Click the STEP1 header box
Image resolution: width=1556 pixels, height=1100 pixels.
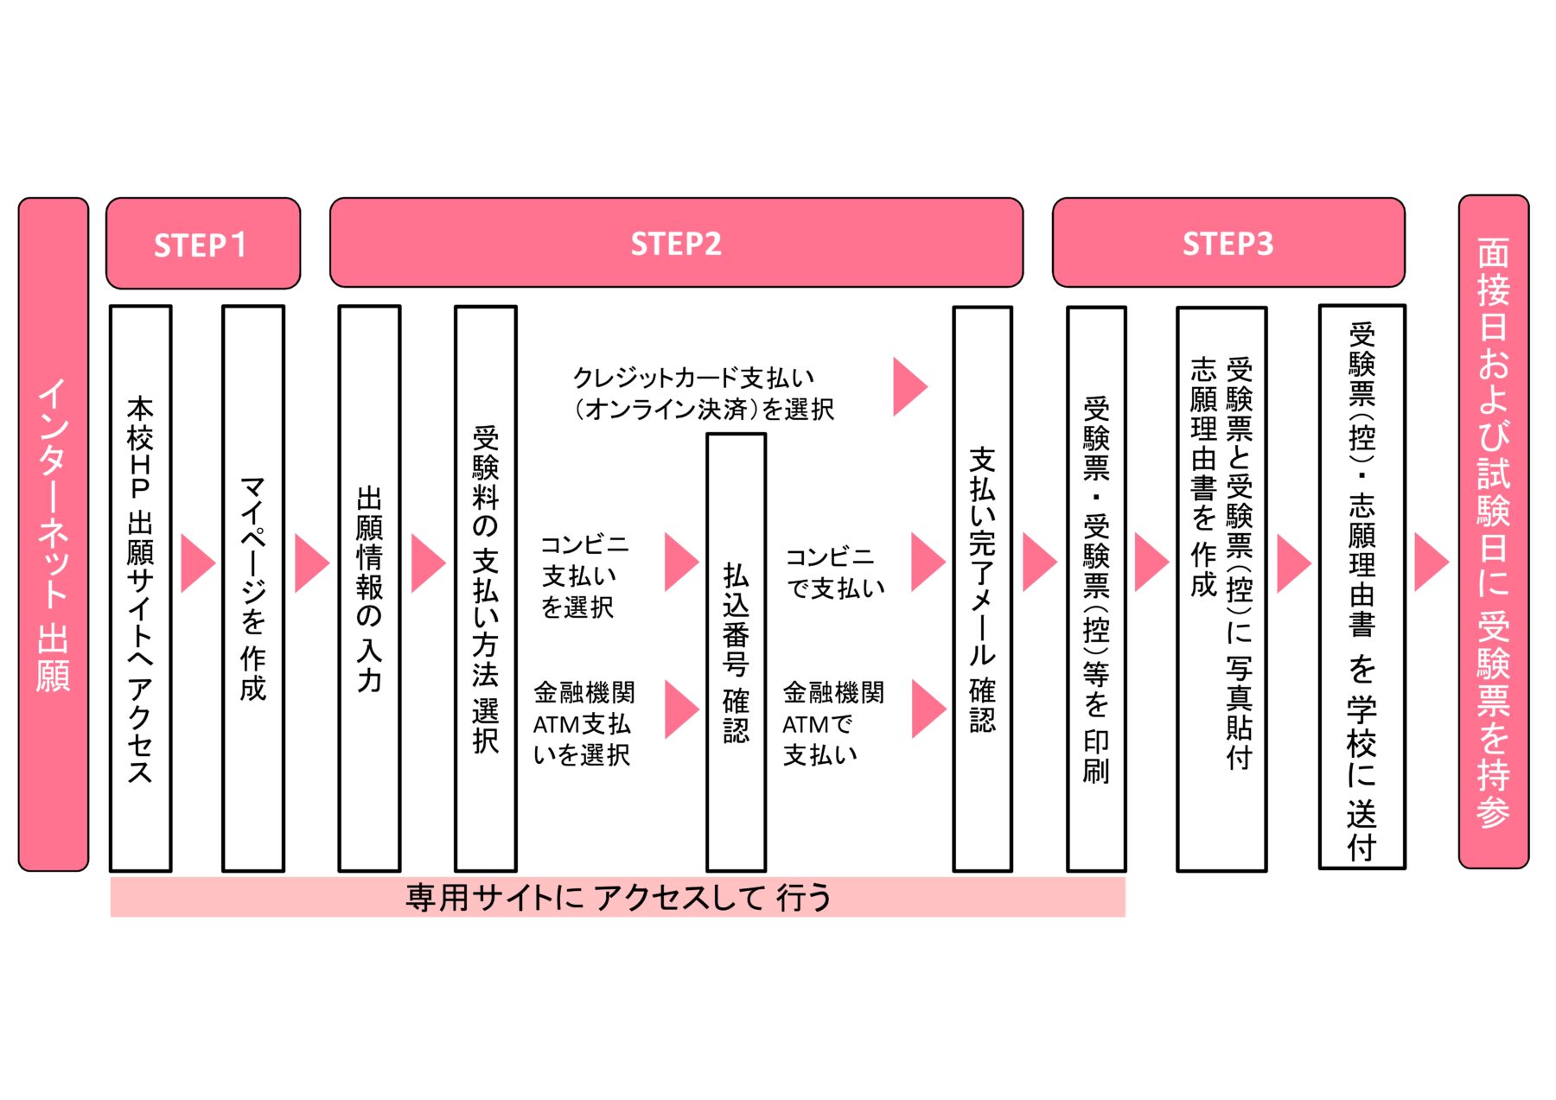pyautogui.click(x=203, y=244)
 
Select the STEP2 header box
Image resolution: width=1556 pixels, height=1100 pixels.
pyautogui.click(x=676, y=243)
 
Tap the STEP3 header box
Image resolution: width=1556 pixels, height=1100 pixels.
pyautogui.click(x=1228, y=243)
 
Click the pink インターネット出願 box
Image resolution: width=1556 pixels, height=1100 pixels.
pyautogui.click(x=54, y=534)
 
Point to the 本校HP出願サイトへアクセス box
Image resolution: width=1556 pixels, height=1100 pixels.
pyautogui.click(x=141, y=588)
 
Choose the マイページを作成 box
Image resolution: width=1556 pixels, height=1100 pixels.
pyautogui.click(x=253, y=588)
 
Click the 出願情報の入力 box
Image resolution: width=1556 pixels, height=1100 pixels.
pyautogui.click(x=369, y=588)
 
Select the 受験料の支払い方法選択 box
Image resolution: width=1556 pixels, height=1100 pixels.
pyautogui.click(x=486, y=588)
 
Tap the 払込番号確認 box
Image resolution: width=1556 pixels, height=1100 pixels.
pyautogui.click(x=736, y=652)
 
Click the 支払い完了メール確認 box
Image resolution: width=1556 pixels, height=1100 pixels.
pyautogui.click(x=982, y=588)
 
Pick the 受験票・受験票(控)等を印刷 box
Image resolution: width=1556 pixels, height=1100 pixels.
pyautogui.click(x=1096, y=588)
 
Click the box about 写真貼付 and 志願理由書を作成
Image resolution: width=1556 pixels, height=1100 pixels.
pyautogui.click(x=1221, y=588)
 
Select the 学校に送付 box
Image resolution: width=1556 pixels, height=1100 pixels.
pyautogui.click(x=1361, y=587)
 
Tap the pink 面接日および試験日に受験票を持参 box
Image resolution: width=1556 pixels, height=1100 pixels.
pyautogui.click(x=1493, y=531)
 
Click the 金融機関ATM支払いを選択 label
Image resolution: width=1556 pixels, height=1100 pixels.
pyautogui.click(x=583, y=723)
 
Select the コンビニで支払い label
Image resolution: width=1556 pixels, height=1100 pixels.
pyautogui.click(x=834, y=573)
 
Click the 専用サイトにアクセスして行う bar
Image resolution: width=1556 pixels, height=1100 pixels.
pyautogui.click(x=617, y=897)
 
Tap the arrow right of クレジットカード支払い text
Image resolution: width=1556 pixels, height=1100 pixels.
pyautogui.click(x=909, y=387)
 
